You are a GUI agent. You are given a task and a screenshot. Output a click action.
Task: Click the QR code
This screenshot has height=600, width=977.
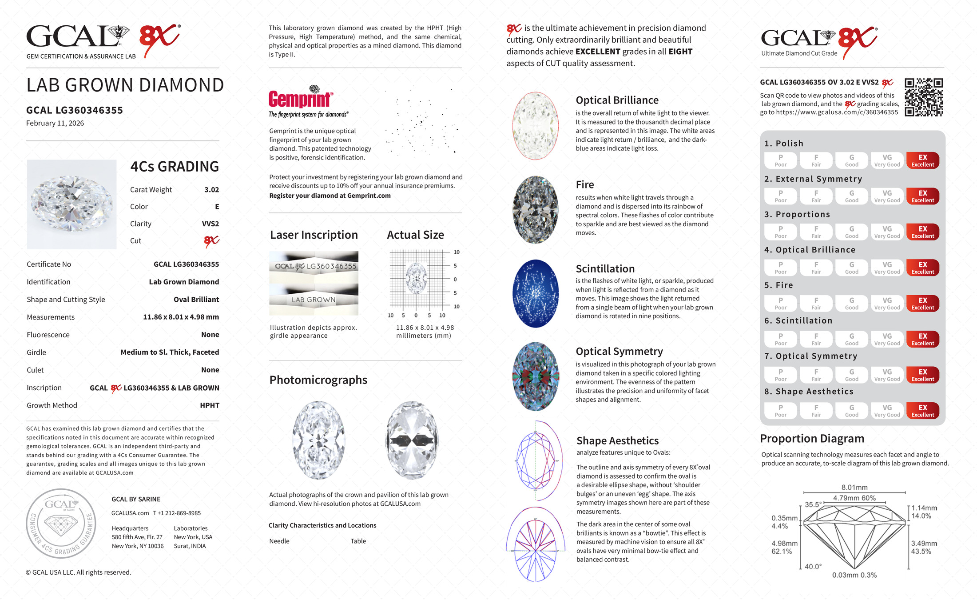pos(924,97)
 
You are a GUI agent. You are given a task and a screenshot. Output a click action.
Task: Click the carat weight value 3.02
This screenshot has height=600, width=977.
pos(211,190)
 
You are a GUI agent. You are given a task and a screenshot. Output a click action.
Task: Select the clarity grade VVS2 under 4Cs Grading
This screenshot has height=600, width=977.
pos(210,224)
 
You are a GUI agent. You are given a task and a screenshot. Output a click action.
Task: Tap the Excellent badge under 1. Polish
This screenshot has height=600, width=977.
pos(922,160)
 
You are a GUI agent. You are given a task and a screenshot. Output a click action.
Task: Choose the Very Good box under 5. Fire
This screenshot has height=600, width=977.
pos(887,304)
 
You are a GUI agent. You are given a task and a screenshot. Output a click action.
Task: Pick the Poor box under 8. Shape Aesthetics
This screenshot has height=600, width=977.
pos(780,411)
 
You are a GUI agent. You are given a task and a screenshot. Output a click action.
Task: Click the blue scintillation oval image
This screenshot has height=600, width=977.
pos(536,293)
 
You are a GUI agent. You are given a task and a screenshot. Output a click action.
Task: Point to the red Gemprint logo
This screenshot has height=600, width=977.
pos(300,99)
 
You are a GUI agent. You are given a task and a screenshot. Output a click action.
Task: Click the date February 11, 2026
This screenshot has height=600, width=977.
pos(55,123)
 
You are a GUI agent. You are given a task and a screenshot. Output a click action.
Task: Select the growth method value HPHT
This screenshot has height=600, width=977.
pos(210,405)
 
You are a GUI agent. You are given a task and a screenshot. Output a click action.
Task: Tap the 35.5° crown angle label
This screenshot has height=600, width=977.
pos(813,505)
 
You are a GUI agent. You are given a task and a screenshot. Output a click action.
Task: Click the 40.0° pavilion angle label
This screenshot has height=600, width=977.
pos(813,566)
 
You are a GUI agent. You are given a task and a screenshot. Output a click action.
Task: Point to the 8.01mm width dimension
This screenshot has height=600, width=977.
pos(854,488)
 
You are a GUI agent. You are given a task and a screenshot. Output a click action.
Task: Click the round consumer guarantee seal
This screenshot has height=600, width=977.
pos(61,523)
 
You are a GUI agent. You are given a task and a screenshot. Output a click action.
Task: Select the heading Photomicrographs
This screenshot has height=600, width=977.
pos(318,380)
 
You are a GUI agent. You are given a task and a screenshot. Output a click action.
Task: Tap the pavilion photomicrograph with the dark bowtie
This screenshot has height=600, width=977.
pos(413,440)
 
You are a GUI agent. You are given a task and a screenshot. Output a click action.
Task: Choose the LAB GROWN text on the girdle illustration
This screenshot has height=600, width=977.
pos(314,300)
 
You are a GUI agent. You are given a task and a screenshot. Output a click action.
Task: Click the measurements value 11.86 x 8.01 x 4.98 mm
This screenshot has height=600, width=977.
pos(181,317)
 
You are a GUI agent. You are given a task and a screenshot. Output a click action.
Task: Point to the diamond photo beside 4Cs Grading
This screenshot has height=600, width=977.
pos(71,204)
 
